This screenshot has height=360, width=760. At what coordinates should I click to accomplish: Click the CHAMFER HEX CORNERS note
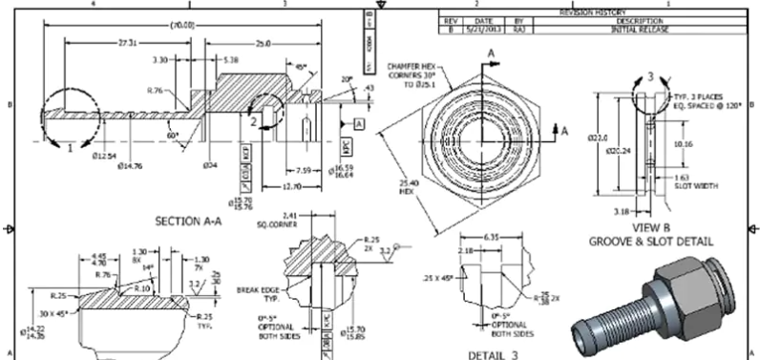412,73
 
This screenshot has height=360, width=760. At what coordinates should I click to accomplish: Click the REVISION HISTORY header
598,12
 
